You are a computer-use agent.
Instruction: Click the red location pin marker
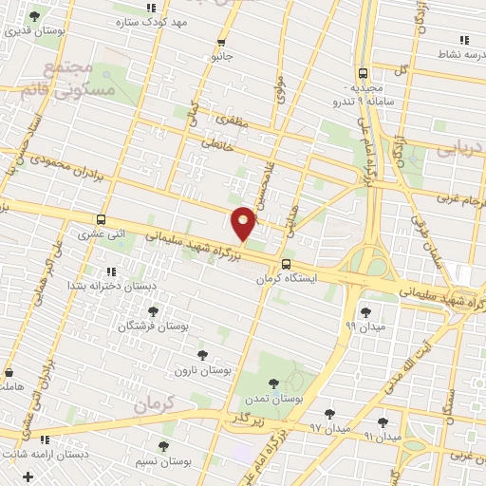click(x=243, y=222)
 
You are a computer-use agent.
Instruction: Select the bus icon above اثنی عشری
click(x=102, y=218)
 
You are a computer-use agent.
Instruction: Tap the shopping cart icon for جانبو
click(x=221, y=42)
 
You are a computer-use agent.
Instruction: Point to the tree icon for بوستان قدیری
click(x=35, y=16)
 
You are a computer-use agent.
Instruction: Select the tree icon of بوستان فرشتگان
click(x=153, y=310)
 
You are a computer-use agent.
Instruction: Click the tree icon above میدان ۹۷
click(x=329, y=414)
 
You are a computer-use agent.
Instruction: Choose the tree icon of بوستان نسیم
click(x=163, y=445)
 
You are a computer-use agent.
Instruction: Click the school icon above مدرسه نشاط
click(x=463, y=40)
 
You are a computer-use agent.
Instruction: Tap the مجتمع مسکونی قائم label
click(x=80, y=79)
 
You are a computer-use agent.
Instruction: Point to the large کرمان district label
click(x=157, y=402)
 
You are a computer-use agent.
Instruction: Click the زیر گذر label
click(x=243, y=417)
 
